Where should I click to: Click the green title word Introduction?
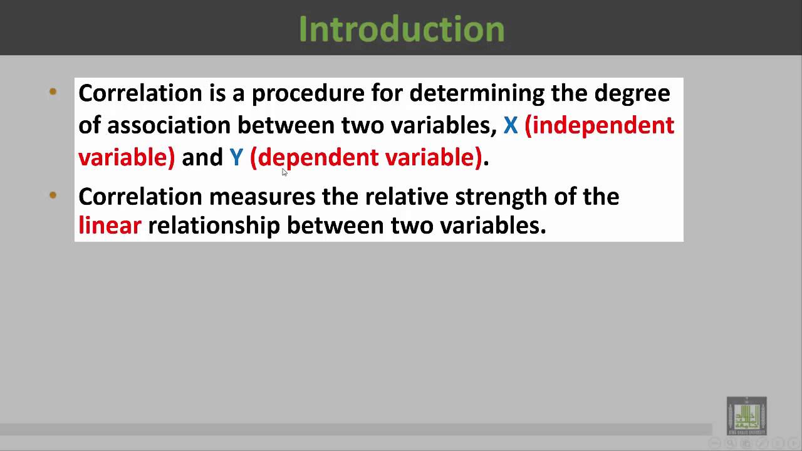[x=402, y=29]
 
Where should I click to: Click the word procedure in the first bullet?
[x=308, y=93]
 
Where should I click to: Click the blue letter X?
[x=511, y=125]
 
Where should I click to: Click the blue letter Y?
[x=236, y=157]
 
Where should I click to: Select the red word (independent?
[x=599, y=125]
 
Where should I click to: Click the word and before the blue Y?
[x=202, y=157]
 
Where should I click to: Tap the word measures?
[x=262, y=197]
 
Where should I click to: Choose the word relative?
[x=406, y=197]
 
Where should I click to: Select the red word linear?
[x=110, y=225]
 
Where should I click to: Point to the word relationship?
[x=214, y=225]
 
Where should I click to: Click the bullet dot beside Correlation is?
[x=53, y=93]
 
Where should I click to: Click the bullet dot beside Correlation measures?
[x=53, y=196]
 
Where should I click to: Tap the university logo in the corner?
[x=746, y=415]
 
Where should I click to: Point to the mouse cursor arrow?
[x=284, y=172]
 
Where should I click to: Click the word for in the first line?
[x=387, y=93]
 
